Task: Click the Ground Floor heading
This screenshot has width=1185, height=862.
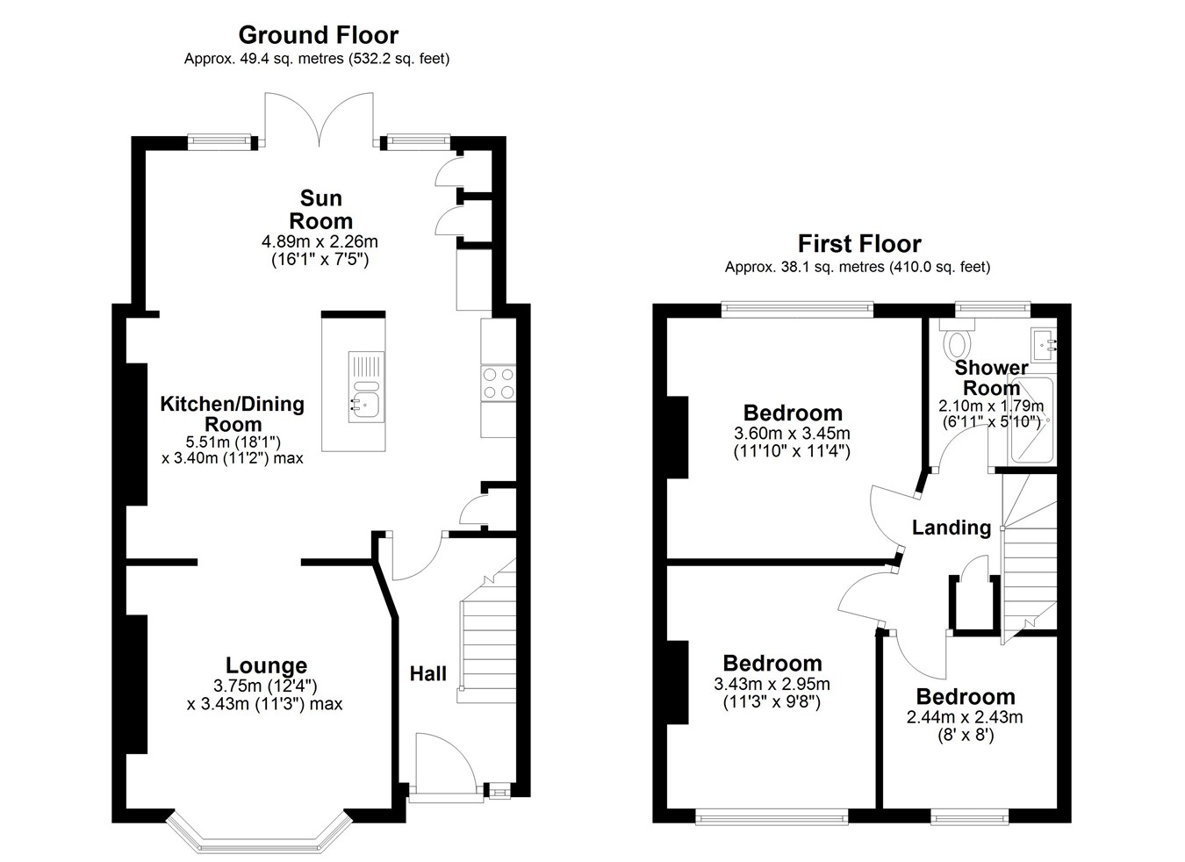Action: tap(318, 35)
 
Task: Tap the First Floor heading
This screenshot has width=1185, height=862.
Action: tap(859, 244)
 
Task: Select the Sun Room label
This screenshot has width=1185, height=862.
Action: tap(320, 210)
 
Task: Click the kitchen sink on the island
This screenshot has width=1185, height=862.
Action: tap(366, 387)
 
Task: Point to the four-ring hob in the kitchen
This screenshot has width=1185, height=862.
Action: tap(499, 384)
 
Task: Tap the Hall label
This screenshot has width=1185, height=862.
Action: tap(428, 673)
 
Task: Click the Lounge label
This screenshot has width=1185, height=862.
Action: tap(266, 665)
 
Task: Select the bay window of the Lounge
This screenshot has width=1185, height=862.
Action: tap(259, 838)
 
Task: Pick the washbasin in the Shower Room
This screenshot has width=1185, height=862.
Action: tap(1042, 345)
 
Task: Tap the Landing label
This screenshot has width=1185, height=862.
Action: tap(952, 528)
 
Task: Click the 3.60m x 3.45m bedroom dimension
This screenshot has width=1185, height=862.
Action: tap(792, 434)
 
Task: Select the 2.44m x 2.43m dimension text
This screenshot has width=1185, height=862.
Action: tap(965, 717)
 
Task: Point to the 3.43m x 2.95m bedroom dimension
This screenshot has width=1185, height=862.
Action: tap(772, 684)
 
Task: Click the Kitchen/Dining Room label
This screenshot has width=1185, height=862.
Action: tap(233, 413)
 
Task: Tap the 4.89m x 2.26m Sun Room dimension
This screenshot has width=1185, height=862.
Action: tap(320, 241)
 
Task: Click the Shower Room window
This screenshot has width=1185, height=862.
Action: tap(993, 310)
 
